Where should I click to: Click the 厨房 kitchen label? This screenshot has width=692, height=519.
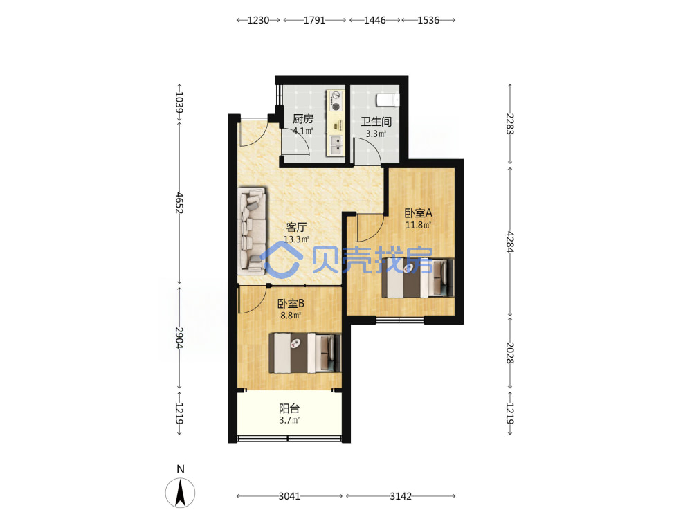[303, 119]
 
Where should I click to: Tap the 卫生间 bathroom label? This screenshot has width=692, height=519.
[376, 122]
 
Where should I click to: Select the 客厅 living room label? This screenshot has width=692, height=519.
[296, 227]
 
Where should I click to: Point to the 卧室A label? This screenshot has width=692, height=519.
[419, 213]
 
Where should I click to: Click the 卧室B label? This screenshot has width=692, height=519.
[291, 304]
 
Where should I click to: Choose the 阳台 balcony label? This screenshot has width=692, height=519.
[289, 409]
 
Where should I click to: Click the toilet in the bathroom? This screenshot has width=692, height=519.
[388, 100]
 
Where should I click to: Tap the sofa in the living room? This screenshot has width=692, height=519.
[252, 230]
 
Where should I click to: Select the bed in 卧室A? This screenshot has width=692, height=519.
[417, 278]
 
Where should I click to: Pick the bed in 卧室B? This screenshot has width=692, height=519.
[305, 353]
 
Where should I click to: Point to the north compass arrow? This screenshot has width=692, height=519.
[180, 493]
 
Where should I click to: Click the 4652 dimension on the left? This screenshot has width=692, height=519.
[179, 203]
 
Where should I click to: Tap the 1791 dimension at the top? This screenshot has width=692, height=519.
[314, 20]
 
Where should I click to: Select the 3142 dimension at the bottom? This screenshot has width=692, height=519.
[401, 496]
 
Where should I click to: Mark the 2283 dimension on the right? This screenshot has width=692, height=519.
[510, 124]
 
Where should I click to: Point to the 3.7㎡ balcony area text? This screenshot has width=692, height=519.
[289, 420]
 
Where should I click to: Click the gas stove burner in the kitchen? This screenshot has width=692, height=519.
[336, 107]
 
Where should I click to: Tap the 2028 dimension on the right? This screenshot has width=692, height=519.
[510, 353]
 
